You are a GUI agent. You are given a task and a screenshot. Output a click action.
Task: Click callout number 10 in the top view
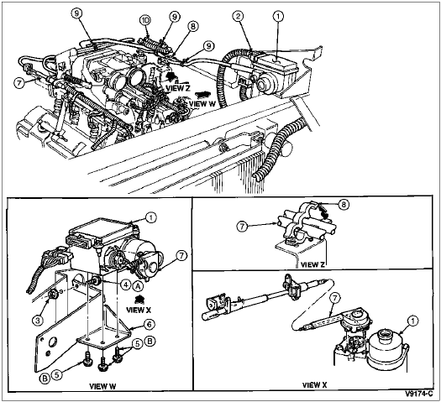point(145,20)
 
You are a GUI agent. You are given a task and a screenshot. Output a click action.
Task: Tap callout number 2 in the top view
point(239,16)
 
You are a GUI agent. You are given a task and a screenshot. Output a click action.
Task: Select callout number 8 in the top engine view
point(192,27)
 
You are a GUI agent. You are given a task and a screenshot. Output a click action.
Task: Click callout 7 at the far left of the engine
point(19,83)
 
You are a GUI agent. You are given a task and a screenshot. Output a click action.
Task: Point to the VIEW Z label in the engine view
point(178,88)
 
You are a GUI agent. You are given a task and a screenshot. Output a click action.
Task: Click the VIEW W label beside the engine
point(202,104)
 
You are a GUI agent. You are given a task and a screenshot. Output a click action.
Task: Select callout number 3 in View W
point(39,320)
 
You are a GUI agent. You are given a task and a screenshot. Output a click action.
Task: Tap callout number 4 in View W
point(125,285)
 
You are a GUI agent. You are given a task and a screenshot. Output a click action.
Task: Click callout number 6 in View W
point(149,325)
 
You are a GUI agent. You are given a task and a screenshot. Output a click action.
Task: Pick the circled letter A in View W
point(138,285)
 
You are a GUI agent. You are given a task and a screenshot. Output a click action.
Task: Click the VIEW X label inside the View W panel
point(139,310)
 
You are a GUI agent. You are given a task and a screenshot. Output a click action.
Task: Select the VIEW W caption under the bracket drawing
point(102,386)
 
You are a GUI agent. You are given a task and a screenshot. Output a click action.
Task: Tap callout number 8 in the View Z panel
point(344,205)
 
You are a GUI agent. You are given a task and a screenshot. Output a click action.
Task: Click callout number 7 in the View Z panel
point(242,227)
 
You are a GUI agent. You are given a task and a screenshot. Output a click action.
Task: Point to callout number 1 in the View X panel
point(412,321)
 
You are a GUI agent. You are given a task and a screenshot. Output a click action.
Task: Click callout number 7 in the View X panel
point(334,298)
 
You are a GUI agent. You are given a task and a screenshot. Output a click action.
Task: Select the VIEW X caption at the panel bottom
point(315,385)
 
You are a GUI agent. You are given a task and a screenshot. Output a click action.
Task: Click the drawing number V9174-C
point(419,394)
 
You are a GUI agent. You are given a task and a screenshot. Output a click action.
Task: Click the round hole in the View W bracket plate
point(53,342)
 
